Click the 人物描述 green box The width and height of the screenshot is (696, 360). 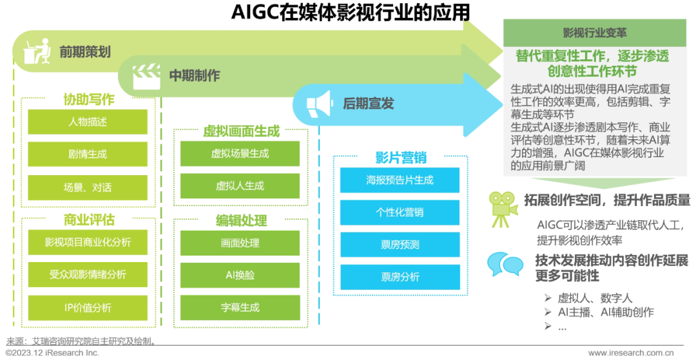point(88,122)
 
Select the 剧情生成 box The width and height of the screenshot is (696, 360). point(88,155)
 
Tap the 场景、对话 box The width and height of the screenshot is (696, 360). point(88,187)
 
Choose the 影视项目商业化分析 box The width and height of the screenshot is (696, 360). point(88,242)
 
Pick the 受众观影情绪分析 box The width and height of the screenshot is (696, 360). point(88,275)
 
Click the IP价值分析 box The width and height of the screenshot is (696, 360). point(88,307)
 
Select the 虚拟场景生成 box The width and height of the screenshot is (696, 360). point(240,154)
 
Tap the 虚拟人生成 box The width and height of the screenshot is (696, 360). point(240,186)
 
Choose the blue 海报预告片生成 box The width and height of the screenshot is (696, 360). point(400,180)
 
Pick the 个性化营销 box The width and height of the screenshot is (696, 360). point(400,213)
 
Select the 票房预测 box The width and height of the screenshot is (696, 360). point(400,245)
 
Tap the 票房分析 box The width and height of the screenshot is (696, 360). point(400,277)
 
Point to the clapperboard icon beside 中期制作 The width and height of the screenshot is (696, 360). point(146,77)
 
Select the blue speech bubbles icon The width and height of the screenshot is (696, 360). point(505,263)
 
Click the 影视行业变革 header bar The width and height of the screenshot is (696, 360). point(594,33)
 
